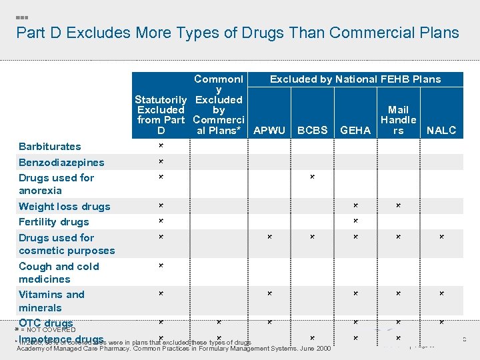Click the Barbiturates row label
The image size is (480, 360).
click(50, 147)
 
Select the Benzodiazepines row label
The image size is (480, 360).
click(61, 163)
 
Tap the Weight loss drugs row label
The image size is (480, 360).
click(65, 207)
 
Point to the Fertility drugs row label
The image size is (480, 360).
click(53, 222)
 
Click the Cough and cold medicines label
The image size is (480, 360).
click(59, 273)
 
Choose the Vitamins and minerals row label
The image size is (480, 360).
click(51, 301)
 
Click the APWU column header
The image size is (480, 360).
click(269, 131)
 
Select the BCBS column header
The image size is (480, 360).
click(312, 131)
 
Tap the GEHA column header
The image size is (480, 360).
click(355, 131)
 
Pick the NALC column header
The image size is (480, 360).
click(441, 131)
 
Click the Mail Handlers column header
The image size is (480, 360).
click(398, 120)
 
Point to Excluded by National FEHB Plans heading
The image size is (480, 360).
click(355, 79)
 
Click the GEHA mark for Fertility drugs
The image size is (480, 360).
click(355, 221)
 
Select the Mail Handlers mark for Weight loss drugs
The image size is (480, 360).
click(398, 205)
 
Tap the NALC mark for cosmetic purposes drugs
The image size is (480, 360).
click(441, 237)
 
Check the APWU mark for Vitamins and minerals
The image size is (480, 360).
click(269, 293)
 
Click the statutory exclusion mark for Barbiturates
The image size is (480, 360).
click(161, 145)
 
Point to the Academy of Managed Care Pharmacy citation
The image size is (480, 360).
click(173, 349)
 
